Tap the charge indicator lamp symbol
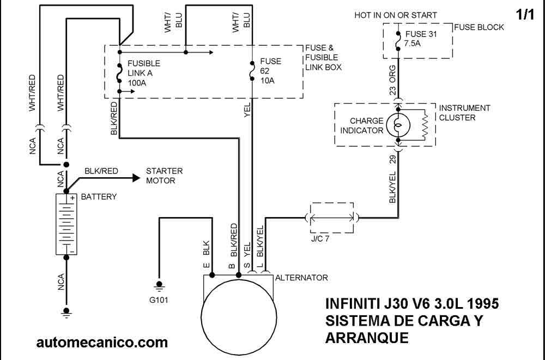(x=398, y=124)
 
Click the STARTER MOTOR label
(x=164, y=176)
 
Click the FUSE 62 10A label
(x=270, y=71)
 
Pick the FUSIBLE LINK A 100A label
(x=144, y=73)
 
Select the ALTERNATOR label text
(x=301, y=278)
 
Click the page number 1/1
(x=525, y=15)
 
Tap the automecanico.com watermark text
(x=102, y=342)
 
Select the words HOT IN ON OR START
(x=396, y=15)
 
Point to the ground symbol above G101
(x=160, y=284)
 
